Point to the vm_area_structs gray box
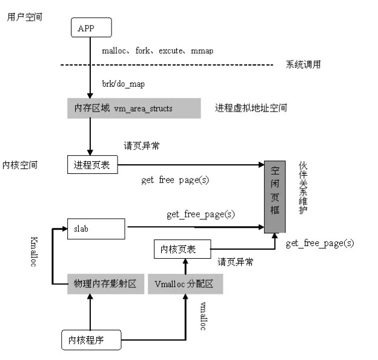133,108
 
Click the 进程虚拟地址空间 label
251,108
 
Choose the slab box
94,229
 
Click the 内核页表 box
182,248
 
